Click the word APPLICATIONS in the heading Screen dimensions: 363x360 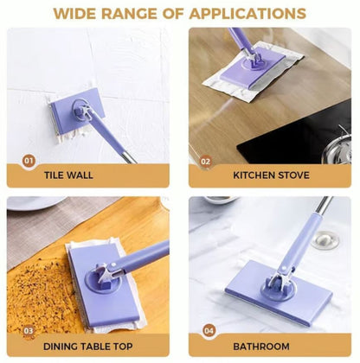click(x=251, y=14)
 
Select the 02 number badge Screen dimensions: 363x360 click(x=206, y=161)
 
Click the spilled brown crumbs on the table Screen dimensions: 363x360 click(x=39, y=285)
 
